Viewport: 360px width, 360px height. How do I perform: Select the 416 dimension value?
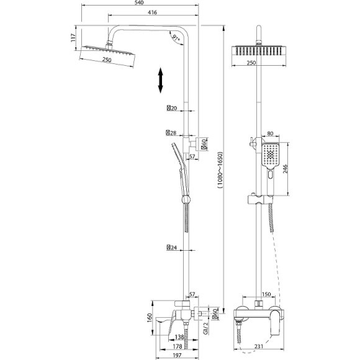click(152, 12)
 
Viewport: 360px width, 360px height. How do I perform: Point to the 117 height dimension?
click(73, 38)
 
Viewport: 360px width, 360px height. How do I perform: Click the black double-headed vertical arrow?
click(160, 80)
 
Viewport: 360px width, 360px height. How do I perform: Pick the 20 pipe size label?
click(172, 108)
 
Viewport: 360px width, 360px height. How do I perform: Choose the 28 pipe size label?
click(171, 133)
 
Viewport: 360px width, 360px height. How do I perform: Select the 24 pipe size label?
click(172, 248)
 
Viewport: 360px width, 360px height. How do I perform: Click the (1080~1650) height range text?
click(220, 170)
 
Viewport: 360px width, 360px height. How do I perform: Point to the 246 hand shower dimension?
click(285, 169)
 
